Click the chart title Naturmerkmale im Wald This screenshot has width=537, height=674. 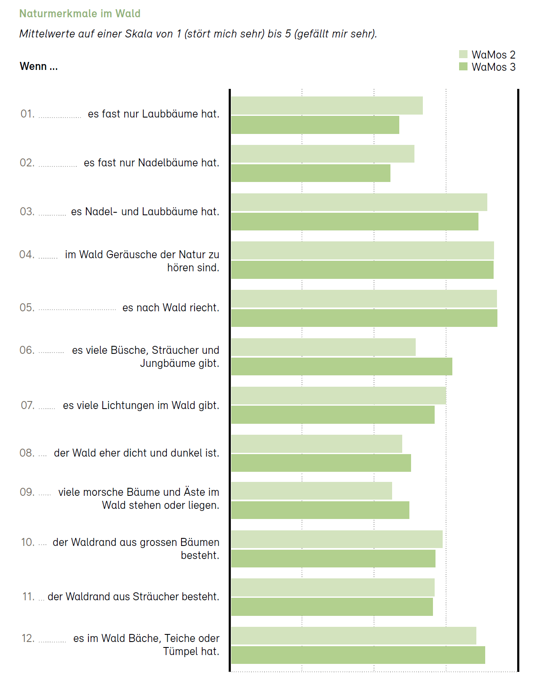click(80, 13)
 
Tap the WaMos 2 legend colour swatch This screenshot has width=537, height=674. click(463, 54)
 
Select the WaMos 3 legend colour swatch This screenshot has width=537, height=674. click(463, 67)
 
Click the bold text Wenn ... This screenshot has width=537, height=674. click(33, 67)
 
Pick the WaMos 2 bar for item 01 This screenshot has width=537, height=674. click(327, 105)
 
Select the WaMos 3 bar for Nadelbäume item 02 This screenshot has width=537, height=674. click(311, 173)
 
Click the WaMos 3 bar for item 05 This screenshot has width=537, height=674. click(364, 318)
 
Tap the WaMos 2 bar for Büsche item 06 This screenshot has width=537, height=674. click(323, 347)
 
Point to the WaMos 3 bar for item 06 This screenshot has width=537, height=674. click(342, 366)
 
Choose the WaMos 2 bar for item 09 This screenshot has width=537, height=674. click(312, 491)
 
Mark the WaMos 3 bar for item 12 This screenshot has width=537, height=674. click(358, 655)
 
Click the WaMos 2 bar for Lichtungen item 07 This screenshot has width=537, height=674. click(339, 396)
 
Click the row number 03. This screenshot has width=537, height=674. click(27, 211)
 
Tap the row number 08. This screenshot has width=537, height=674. click(27, 453)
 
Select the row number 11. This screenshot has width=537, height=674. click(28, 596)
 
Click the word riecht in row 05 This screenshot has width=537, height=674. click(204, 308)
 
